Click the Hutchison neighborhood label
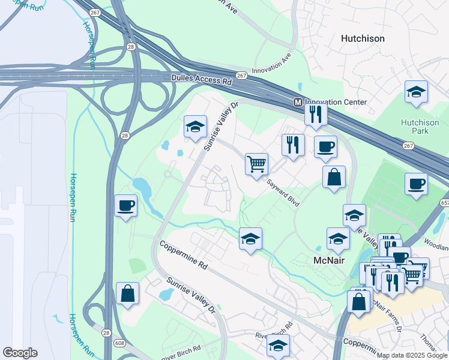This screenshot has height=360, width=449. (363, 38)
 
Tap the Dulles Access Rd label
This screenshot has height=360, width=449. (201, 78)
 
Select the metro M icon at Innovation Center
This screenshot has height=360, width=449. (297, 103)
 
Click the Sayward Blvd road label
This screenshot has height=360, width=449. (282, 195)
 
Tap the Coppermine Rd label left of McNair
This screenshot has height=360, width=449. (183, 256)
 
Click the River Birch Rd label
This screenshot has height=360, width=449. (274, 331)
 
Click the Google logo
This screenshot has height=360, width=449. (20, 353)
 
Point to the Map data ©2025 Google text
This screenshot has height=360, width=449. (412, 355)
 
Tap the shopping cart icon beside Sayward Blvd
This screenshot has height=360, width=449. (256, 163)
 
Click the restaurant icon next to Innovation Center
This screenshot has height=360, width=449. (316, 113)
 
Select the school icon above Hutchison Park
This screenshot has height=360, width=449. (416, 92)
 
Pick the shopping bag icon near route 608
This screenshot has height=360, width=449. (127, 294)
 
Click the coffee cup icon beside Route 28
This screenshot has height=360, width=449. (126, 206)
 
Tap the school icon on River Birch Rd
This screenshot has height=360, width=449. (277, 346)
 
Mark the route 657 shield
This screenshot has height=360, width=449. (445, 203)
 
